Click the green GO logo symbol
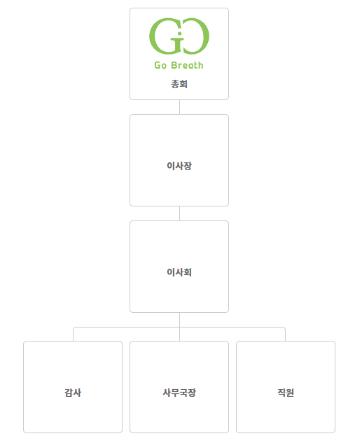coord(179,36)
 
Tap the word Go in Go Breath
coord(160,65)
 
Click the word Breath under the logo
coord(187,65)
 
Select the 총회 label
coord(179,84)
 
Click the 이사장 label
coord(179,166)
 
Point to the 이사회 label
coord(179,272)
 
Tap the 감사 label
coord(73,393)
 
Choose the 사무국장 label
coord(179,393)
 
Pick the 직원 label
coord(286,393)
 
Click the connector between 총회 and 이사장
coord(179,107)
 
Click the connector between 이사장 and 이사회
coord(179,213)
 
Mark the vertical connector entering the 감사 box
coord(74,335)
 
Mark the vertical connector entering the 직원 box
coord(285,335)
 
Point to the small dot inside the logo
coord(179,34)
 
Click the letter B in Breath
coord(173,65)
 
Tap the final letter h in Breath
coord(201,65)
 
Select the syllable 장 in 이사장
coord(188,166)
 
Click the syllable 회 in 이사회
coord(188,272)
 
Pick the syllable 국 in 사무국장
coord(183,393)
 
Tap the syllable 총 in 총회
coord(175,84)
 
